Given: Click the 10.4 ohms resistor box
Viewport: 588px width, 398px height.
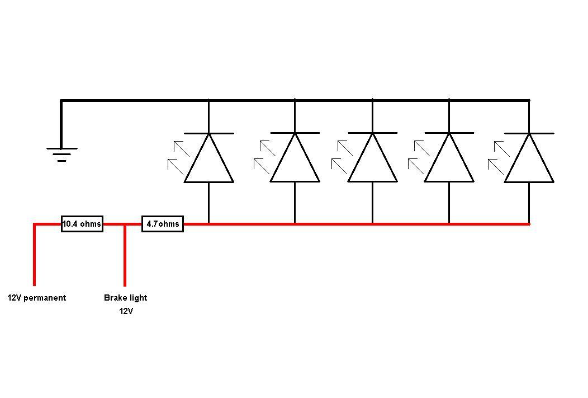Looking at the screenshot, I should (x=82, y=224).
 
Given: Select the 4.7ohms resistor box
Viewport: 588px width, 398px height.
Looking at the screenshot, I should (x=163, y=224).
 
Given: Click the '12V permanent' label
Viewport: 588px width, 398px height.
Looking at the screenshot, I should (x=37, y=298).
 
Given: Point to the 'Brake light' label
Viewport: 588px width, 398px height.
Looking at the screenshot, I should (x=126, y=298).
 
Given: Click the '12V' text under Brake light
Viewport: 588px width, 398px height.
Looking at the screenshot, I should (x=126, y=311).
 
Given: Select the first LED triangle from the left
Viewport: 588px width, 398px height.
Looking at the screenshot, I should (x=209, y=162).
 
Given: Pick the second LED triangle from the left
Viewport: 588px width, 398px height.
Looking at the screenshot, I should (x=295, y=162).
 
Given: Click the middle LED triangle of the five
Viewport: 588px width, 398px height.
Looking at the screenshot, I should (x=373, y=162).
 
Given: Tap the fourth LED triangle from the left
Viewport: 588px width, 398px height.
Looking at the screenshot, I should (x=449, y=162).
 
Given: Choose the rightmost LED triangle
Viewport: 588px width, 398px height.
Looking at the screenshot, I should (x=529, y=162).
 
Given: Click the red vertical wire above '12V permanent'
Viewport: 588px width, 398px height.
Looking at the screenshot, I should (x=35, y=255).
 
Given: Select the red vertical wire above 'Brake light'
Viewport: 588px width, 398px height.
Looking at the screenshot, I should (x=125, y=255).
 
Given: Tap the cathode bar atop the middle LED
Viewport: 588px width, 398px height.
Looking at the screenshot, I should (x=373, y=133).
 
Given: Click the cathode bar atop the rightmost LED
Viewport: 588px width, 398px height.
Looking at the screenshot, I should (x=529, y=133).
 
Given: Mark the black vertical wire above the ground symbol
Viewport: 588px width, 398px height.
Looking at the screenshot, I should (x=61, y=123).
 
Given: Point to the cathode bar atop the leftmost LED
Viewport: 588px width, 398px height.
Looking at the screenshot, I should (x=209, y=133).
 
